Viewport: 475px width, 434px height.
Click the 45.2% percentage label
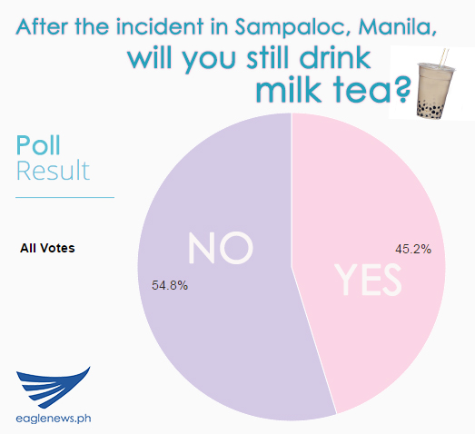(413, 249)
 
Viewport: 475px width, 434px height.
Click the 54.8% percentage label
(170, 285)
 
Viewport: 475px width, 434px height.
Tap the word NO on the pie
(220, 248)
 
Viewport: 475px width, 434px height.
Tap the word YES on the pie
(368, 280)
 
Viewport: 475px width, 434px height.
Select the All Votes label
(47, 248)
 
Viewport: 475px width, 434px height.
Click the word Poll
(38, 145)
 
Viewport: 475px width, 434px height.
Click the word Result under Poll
(53, 171)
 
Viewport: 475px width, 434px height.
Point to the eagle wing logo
(53, 387)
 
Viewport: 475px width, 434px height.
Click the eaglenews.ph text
(54, 419)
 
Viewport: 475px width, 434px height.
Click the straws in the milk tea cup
(443, 57)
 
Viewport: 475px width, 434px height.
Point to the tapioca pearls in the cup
(430, 108)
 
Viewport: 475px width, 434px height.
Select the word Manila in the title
(398, 27)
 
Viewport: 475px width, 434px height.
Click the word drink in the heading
(335, 57)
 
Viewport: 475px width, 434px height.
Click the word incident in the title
(159, 26)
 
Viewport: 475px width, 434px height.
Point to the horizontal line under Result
(64, 197)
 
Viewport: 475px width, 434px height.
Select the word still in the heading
(271, 57)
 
